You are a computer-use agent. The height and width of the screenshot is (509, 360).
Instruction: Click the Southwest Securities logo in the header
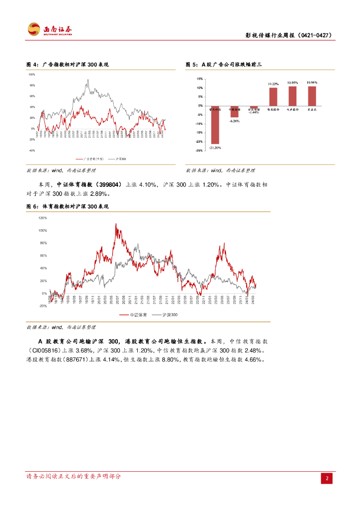pyautogui.click(x=49, y=30)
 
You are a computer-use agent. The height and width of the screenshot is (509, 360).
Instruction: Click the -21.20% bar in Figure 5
pyautogui.click(x=215, y=125)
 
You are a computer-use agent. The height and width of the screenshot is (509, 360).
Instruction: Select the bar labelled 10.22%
pyautogui.click(x=273, y=96)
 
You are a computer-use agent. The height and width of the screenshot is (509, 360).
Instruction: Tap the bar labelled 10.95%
pyautogui.click(x=292, y=96)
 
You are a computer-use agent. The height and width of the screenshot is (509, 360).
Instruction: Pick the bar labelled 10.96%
pyautogui.click(x=312, y=96)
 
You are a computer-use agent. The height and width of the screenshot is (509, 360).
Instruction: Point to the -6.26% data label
pyautogui.click(x=235, y=121)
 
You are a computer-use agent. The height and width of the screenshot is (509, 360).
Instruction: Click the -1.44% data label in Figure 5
pyautogui.click(x=254, y=112)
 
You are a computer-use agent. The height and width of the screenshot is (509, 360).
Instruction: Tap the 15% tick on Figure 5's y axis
pyautogui.click(x=199, y=79)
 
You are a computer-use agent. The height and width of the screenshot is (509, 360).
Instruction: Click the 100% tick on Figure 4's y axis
pyautogui.click(x=32, y=75)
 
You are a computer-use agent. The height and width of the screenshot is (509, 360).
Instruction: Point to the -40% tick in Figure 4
pyautogui.click(x=32, y=151)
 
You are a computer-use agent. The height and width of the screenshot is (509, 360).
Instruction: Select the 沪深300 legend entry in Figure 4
pyautogui.click(x=121, y=159)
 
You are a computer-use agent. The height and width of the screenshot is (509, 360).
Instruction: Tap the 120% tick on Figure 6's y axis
pyautogui.click(x=43, y=218)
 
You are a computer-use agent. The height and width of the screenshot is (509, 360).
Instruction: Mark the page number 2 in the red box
pyautogui.click(x=327, y=478)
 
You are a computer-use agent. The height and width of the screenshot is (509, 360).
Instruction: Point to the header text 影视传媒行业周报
pyautogui.click(x=270, y=36)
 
